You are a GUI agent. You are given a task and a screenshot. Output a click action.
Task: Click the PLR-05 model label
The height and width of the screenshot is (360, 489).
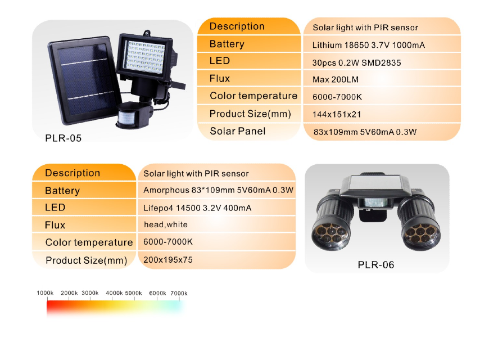point(64,138)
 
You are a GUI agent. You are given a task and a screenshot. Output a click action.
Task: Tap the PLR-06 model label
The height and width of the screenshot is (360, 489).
point(376,265)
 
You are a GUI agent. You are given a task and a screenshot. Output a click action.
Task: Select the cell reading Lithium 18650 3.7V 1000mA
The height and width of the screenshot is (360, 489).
point(369,45)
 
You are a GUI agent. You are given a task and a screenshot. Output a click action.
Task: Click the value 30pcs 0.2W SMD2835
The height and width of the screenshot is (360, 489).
point(356,63)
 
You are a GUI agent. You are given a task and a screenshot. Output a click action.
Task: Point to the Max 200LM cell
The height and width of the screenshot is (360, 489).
point(335,80)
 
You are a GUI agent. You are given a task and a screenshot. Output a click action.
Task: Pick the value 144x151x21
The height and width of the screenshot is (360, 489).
point(337,114)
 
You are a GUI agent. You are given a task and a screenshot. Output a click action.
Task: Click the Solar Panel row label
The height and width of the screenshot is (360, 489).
point(238,131)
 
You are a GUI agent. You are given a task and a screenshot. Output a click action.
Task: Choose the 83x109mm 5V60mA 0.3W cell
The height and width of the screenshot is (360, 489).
point(365,132)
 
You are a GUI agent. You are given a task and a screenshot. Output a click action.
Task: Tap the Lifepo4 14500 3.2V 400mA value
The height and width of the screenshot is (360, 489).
point(197,208)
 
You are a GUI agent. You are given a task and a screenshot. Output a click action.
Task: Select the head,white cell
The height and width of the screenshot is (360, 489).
point(166,224)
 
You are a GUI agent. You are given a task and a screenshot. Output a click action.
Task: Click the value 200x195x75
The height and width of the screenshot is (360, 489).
point(168,259)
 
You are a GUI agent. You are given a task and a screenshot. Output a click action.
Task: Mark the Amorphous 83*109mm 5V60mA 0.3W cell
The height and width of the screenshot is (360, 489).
point(218,190)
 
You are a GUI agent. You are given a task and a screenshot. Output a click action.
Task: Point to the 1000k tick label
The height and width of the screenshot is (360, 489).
point(45,293)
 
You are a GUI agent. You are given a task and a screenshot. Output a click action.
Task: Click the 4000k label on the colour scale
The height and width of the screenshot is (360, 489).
point(114,293)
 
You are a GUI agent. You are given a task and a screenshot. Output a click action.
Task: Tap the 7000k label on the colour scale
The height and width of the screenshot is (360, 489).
point(179,293)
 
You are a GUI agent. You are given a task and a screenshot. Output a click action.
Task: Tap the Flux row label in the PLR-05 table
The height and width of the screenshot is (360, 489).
point(220,78)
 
